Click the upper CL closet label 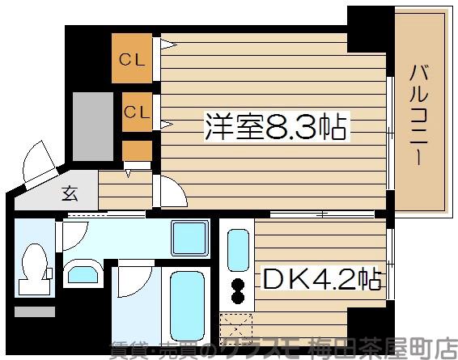tap(135, 59)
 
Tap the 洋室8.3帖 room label tap(275, 128)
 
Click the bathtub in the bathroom tap(188, 302)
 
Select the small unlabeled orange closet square tap(137, 150)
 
